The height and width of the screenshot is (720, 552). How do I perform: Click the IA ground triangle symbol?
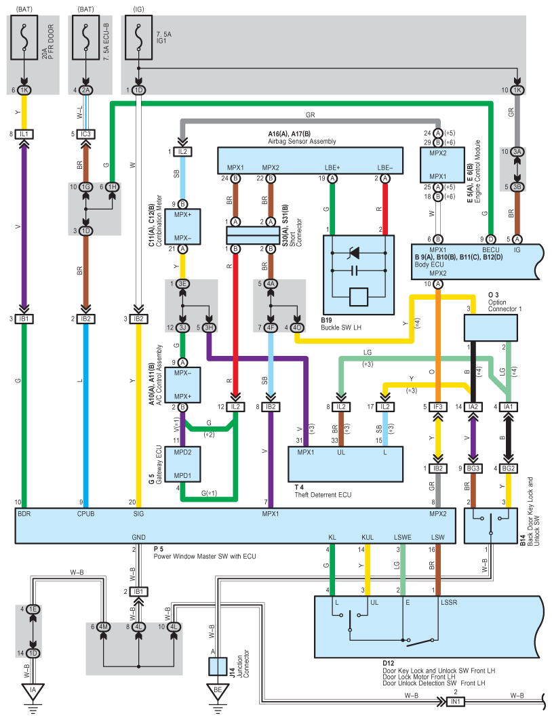click(33, 692)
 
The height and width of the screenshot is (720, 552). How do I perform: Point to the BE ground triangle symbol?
click(218, 692)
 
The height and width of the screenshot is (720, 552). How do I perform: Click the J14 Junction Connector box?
click(218, 666)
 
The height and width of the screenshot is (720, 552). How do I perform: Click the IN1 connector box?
click(456, 702)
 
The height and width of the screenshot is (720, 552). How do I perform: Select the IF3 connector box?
click(437, 407)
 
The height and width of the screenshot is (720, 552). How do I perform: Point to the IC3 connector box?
click(85, 134)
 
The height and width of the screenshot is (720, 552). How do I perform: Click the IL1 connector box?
click(25, 134)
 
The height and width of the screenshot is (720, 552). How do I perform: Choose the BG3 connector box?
click(474, 468)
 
